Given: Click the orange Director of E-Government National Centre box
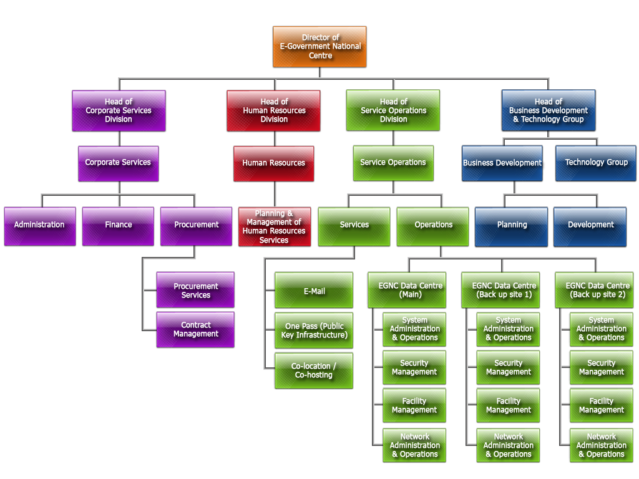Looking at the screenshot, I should [319, 47].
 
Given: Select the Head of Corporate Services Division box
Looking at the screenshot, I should [119, 110].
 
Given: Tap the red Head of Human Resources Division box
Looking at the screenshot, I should [274, 110].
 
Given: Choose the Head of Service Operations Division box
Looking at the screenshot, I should [393, 110].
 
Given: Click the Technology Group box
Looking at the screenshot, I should [596, 163].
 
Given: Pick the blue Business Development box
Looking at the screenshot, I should [502, 163].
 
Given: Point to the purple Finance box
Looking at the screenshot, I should [119, 225].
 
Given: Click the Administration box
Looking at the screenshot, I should [39, 225].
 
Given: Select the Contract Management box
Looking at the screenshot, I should [195, 329].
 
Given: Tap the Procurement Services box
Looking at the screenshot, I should [195, 291].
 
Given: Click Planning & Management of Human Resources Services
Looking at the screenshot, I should [274, 226].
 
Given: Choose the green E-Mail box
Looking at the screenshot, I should [314, 291].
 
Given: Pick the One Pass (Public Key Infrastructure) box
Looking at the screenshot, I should [314, 331].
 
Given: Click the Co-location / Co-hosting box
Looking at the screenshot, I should [314, 370].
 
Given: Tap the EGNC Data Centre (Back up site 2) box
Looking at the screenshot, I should [597, 290].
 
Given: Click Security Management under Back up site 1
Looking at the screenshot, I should [508, 367].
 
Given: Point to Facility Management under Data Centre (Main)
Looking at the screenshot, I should [414, 405].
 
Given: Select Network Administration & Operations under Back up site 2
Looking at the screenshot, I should [601, 445].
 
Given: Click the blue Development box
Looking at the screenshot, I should [590, 225].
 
